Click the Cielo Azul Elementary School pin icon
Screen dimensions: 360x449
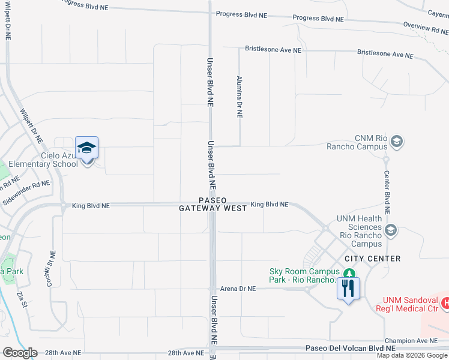pyautogui.click(x=87, y=148)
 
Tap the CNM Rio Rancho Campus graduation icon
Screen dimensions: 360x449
pyautogui.click(x=396, y=142)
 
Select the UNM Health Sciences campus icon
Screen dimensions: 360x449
pyautogui.click(x=391, y=229)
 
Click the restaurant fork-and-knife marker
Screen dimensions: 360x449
pyautogui.click(x=349, y=289)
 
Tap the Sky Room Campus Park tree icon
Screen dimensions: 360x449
pyautogui.click(x=346, y=274)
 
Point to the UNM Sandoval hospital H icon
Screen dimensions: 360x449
pyautogui.click(x=445, y=304)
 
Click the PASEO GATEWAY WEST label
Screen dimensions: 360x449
pyautogui.click(x=212, y=204)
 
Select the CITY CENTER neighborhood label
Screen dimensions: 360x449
pyautogui.click(x=373, y=259)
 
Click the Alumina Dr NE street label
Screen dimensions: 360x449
pyautogui.click(x=239, y=97)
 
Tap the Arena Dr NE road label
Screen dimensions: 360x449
pyautogui.click(x=238, y=289)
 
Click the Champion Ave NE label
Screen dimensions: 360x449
pyautogui.click(x=417, y=340)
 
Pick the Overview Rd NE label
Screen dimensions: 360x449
pyautogui.click(x=425, y=28)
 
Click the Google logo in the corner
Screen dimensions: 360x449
pyautogui.click(x=19, y=353)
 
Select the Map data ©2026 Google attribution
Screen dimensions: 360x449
pyautogui.click(x=412, y=355)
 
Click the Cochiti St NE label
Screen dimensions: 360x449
pyautogui.click(x=51, y=268)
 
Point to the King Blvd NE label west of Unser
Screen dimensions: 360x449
pyautogui.click(x=91, y=206)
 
